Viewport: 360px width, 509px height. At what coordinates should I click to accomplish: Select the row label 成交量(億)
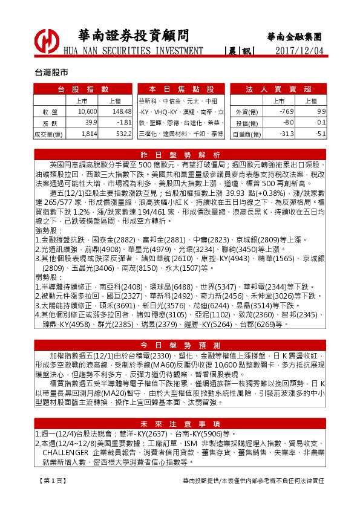point(50,134)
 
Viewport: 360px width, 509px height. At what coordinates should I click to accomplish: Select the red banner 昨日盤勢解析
point(180,154)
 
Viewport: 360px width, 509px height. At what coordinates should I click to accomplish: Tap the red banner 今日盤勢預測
point(180,345)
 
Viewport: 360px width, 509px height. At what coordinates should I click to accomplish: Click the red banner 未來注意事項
point(180,423)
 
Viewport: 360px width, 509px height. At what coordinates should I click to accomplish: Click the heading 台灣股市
point(51,71)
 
